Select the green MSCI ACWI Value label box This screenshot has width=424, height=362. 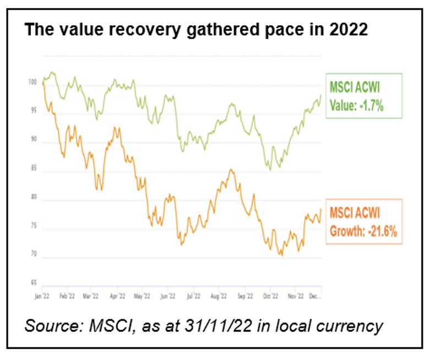click(x=356, y=95)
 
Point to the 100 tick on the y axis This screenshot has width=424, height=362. click(x=32, y=83)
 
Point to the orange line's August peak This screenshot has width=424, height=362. click(x=230, y=171)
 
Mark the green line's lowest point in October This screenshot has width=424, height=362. click(x=270, y=169)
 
